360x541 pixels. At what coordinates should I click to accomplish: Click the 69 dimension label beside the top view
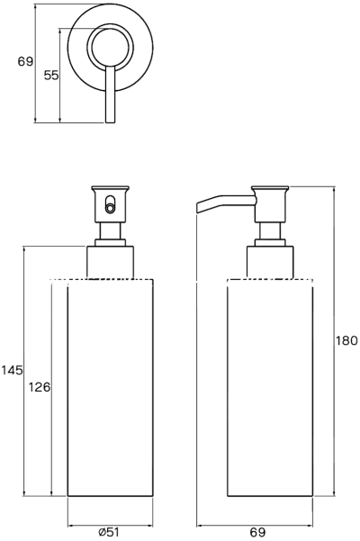tap(25, 62)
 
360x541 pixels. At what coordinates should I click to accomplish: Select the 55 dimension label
tap(51, 76)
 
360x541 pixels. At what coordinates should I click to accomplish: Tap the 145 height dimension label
tap(12, 370)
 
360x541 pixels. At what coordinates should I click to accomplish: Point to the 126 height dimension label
tap(40, 387)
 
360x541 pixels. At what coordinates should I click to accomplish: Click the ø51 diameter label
tap(108, 532)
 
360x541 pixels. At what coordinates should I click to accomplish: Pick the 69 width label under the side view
tap(257, 532)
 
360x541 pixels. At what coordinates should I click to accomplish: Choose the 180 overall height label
tap(346, 340)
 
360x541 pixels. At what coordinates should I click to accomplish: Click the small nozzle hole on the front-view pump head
tap(110, 208)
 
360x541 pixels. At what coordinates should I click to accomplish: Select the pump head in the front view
tap(110, 204)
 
